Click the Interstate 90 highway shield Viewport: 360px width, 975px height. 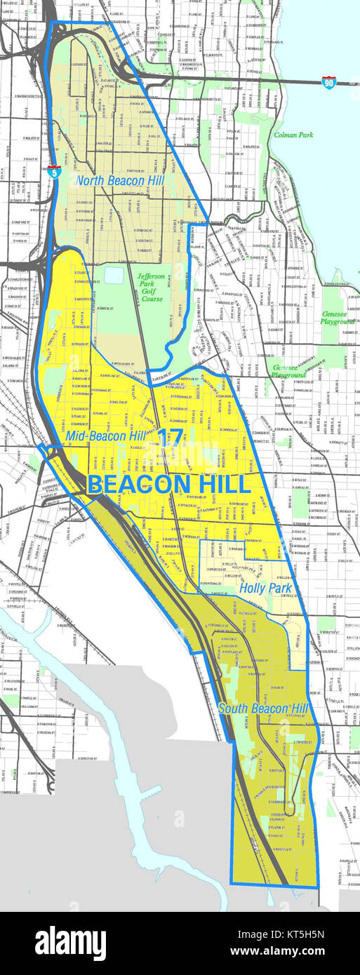(x=328, y=82)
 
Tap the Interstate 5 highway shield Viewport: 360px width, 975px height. (x=54, y=170)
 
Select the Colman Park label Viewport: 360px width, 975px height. (x=293, y=134)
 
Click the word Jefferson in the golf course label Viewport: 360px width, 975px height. (x=151, y=276)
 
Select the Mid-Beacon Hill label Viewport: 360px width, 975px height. (x=106, y=436)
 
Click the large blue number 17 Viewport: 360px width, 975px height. (x=171, y=437)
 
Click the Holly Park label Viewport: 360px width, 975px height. (x=261, y=589)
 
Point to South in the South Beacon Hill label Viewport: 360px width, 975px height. (x=233, y=708)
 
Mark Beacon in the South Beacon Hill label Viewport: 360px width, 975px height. (x=265, y=708)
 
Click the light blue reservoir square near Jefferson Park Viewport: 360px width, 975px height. (x=114, y=275)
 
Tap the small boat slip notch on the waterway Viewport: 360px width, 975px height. (x=179, y=818)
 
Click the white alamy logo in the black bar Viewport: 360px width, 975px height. (x=70, y=943)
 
